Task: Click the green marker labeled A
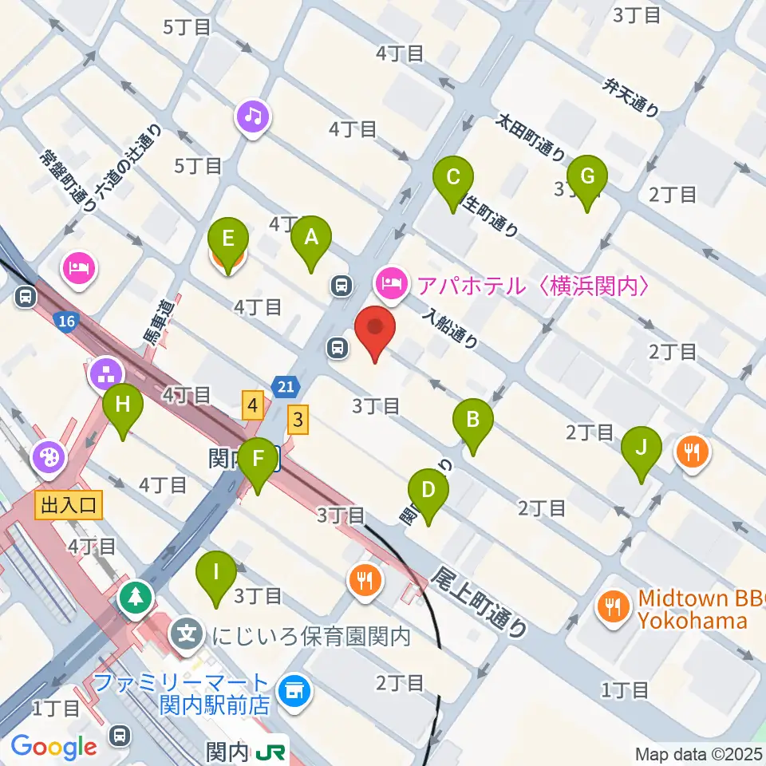click(x=312, y=238)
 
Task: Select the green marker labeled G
click(x=587, y=178)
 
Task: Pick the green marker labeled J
click(x=642, y=449)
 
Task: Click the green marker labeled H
click(x=122, y=405)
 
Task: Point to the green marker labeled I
click(x=217, y=574)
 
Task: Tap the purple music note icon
click(x=253, y=117)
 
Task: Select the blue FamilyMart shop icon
click(x=294, y=692)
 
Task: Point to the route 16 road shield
click(x=66, y=322)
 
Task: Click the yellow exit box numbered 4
click(x=253, y=407)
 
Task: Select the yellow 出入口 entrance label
click(x=68, y=504)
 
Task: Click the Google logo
click(x=53, y=747)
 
